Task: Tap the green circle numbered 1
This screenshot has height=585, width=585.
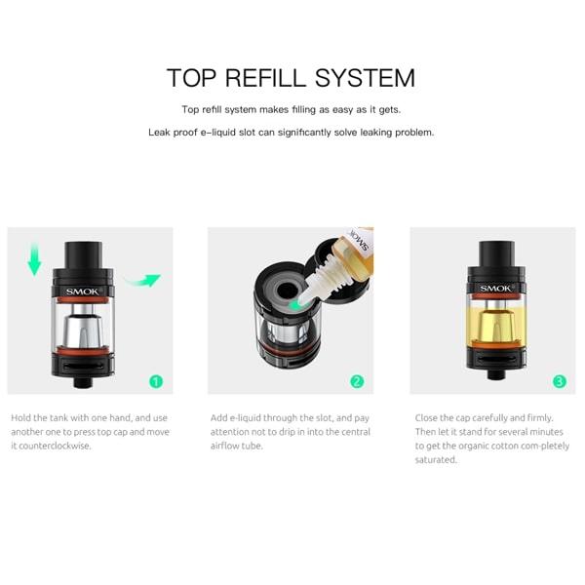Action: pyautogui.click(x=156, y=381)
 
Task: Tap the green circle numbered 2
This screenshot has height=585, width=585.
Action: pyautogui.click(x=357, y=381)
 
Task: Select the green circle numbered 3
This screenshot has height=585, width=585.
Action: pyautogui.click(x=560, y=381)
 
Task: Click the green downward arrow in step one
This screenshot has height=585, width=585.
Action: pyautogui.click(x=35, y=258)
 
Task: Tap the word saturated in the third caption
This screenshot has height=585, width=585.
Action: pyautogui.click(x=436, y=459)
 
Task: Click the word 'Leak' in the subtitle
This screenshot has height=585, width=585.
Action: pyautogui.click(x=161, y=132)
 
